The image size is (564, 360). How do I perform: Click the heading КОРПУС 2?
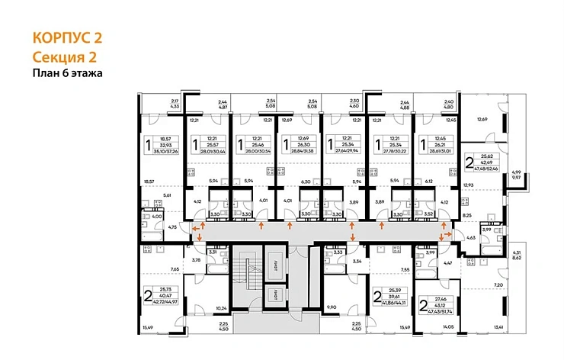point(67,38)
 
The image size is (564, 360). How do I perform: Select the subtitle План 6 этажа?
point(67,73)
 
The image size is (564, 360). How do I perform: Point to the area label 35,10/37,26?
point(166,152)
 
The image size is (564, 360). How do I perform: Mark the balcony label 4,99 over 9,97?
point(518,175)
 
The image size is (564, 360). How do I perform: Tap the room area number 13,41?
point(499,326)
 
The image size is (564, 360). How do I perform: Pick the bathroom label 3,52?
point(430,214)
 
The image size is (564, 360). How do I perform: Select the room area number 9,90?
point(331,307)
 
